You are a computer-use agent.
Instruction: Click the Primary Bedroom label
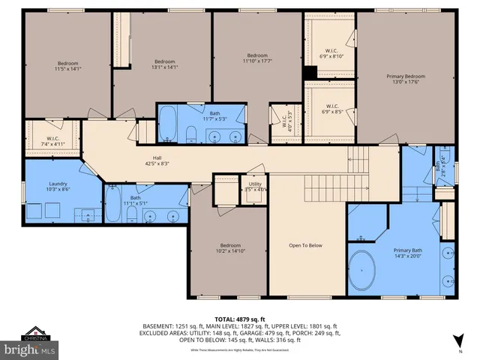[406, 80]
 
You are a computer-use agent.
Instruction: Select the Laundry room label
[58, 187]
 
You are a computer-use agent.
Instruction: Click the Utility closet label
[255, 186]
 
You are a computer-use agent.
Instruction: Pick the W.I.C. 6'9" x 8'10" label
[331, 52]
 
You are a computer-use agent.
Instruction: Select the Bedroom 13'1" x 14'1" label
[164, 64]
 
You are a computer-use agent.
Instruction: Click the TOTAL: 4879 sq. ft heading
[241, 319]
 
